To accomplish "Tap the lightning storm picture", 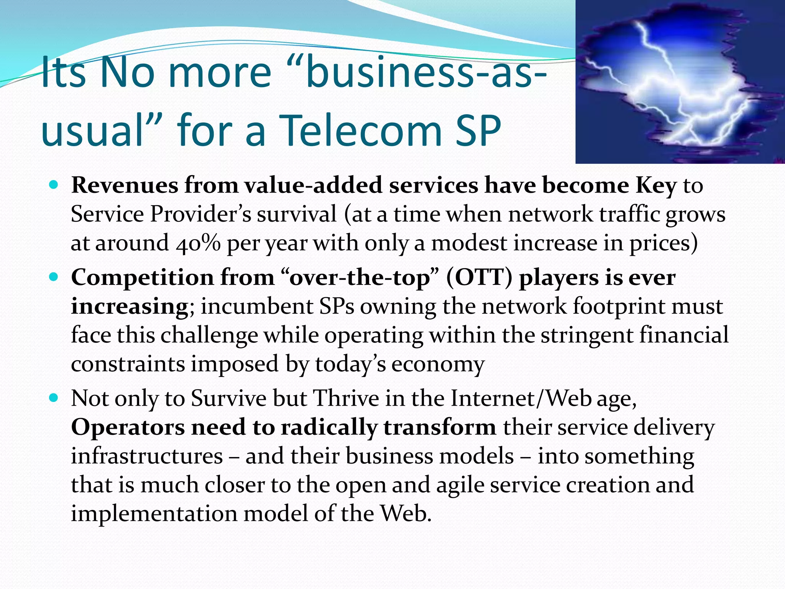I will [680, 82].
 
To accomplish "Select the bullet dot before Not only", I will [54, 398].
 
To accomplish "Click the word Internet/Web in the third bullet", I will [521, 398].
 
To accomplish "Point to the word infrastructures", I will [147, 456].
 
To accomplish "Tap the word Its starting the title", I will [63, 72].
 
